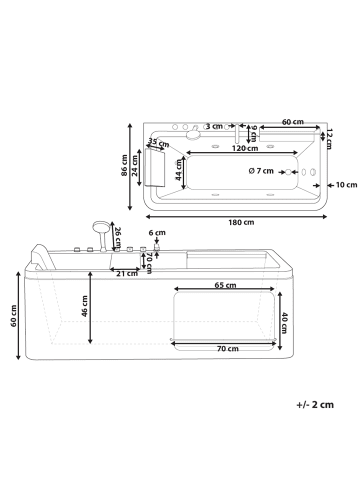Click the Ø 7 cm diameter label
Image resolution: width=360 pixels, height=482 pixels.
(262, 172)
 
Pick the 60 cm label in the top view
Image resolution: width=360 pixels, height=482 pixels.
(292, 122)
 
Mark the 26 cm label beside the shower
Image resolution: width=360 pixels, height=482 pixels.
(118, 237)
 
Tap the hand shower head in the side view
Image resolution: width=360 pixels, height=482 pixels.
(98, 226)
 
